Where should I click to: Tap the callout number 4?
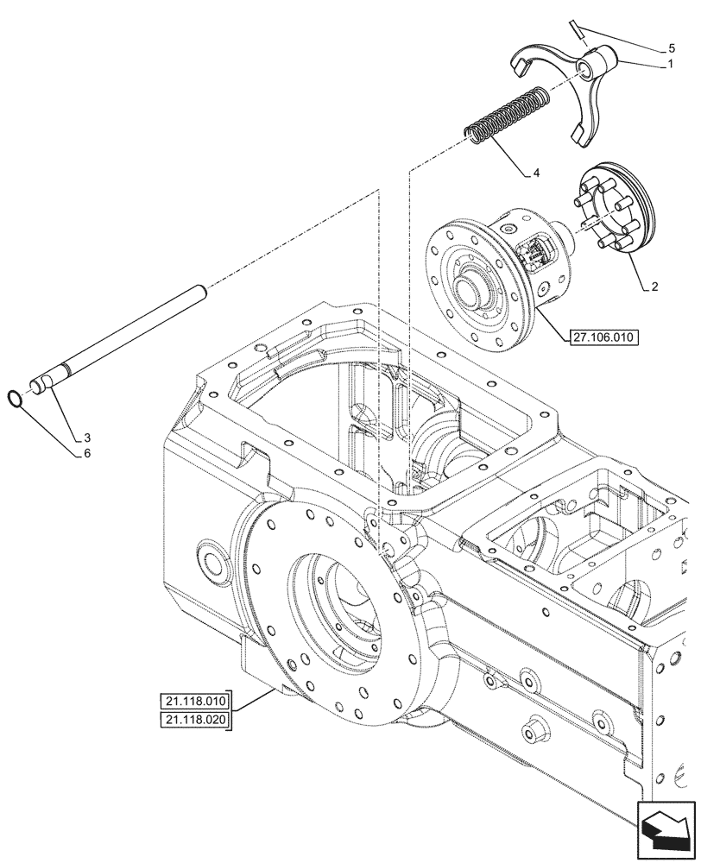point(536,173)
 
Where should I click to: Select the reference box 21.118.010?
point(195,701)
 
